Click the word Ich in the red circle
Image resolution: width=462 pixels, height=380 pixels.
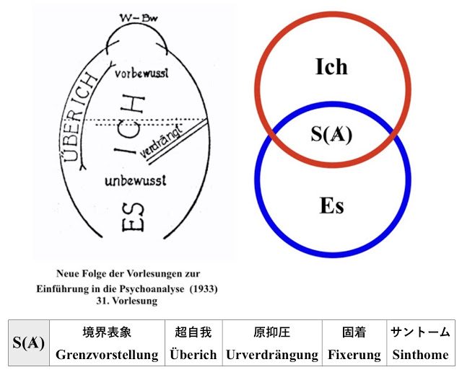[x=331, y=67]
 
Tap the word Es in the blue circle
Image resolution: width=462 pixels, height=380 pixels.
[x=331, y=206]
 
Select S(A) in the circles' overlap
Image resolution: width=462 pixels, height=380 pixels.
[x=331, y=135]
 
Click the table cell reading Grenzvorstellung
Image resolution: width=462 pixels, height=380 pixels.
[x=107, y=355]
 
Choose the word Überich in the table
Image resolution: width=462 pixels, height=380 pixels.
[x=193, y=355]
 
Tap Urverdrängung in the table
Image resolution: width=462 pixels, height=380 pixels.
[x=272, y=355]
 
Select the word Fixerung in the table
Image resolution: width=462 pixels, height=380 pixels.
[x=354, y=355]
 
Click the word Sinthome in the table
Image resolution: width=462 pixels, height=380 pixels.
[x=420, y=355]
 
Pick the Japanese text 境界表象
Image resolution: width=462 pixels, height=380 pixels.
[x=107, y=332]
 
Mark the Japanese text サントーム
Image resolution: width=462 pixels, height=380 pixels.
[x=420, y=332]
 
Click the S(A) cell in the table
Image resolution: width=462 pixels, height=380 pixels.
[x=29, y=343]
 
